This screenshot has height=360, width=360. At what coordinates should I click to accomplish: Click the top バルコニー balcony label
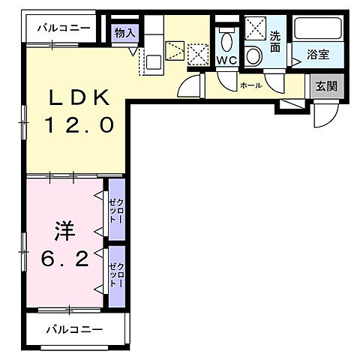(x=64, y=28)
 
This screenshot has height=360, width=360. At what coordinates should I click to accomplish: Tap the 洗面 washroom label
(x=275, y=41)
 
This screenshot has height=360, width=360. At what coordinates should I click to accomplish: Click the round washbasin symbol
(x=254, y=56)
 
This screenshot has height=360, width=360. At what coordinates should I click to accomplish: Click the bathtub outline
(x=318, y=29)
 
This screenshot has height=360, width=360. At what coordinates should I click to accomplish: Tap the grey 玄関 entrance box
(x=325, y=86)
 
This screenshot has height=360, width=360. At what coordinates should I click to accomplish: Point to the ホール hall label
(x=250, y=85)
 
